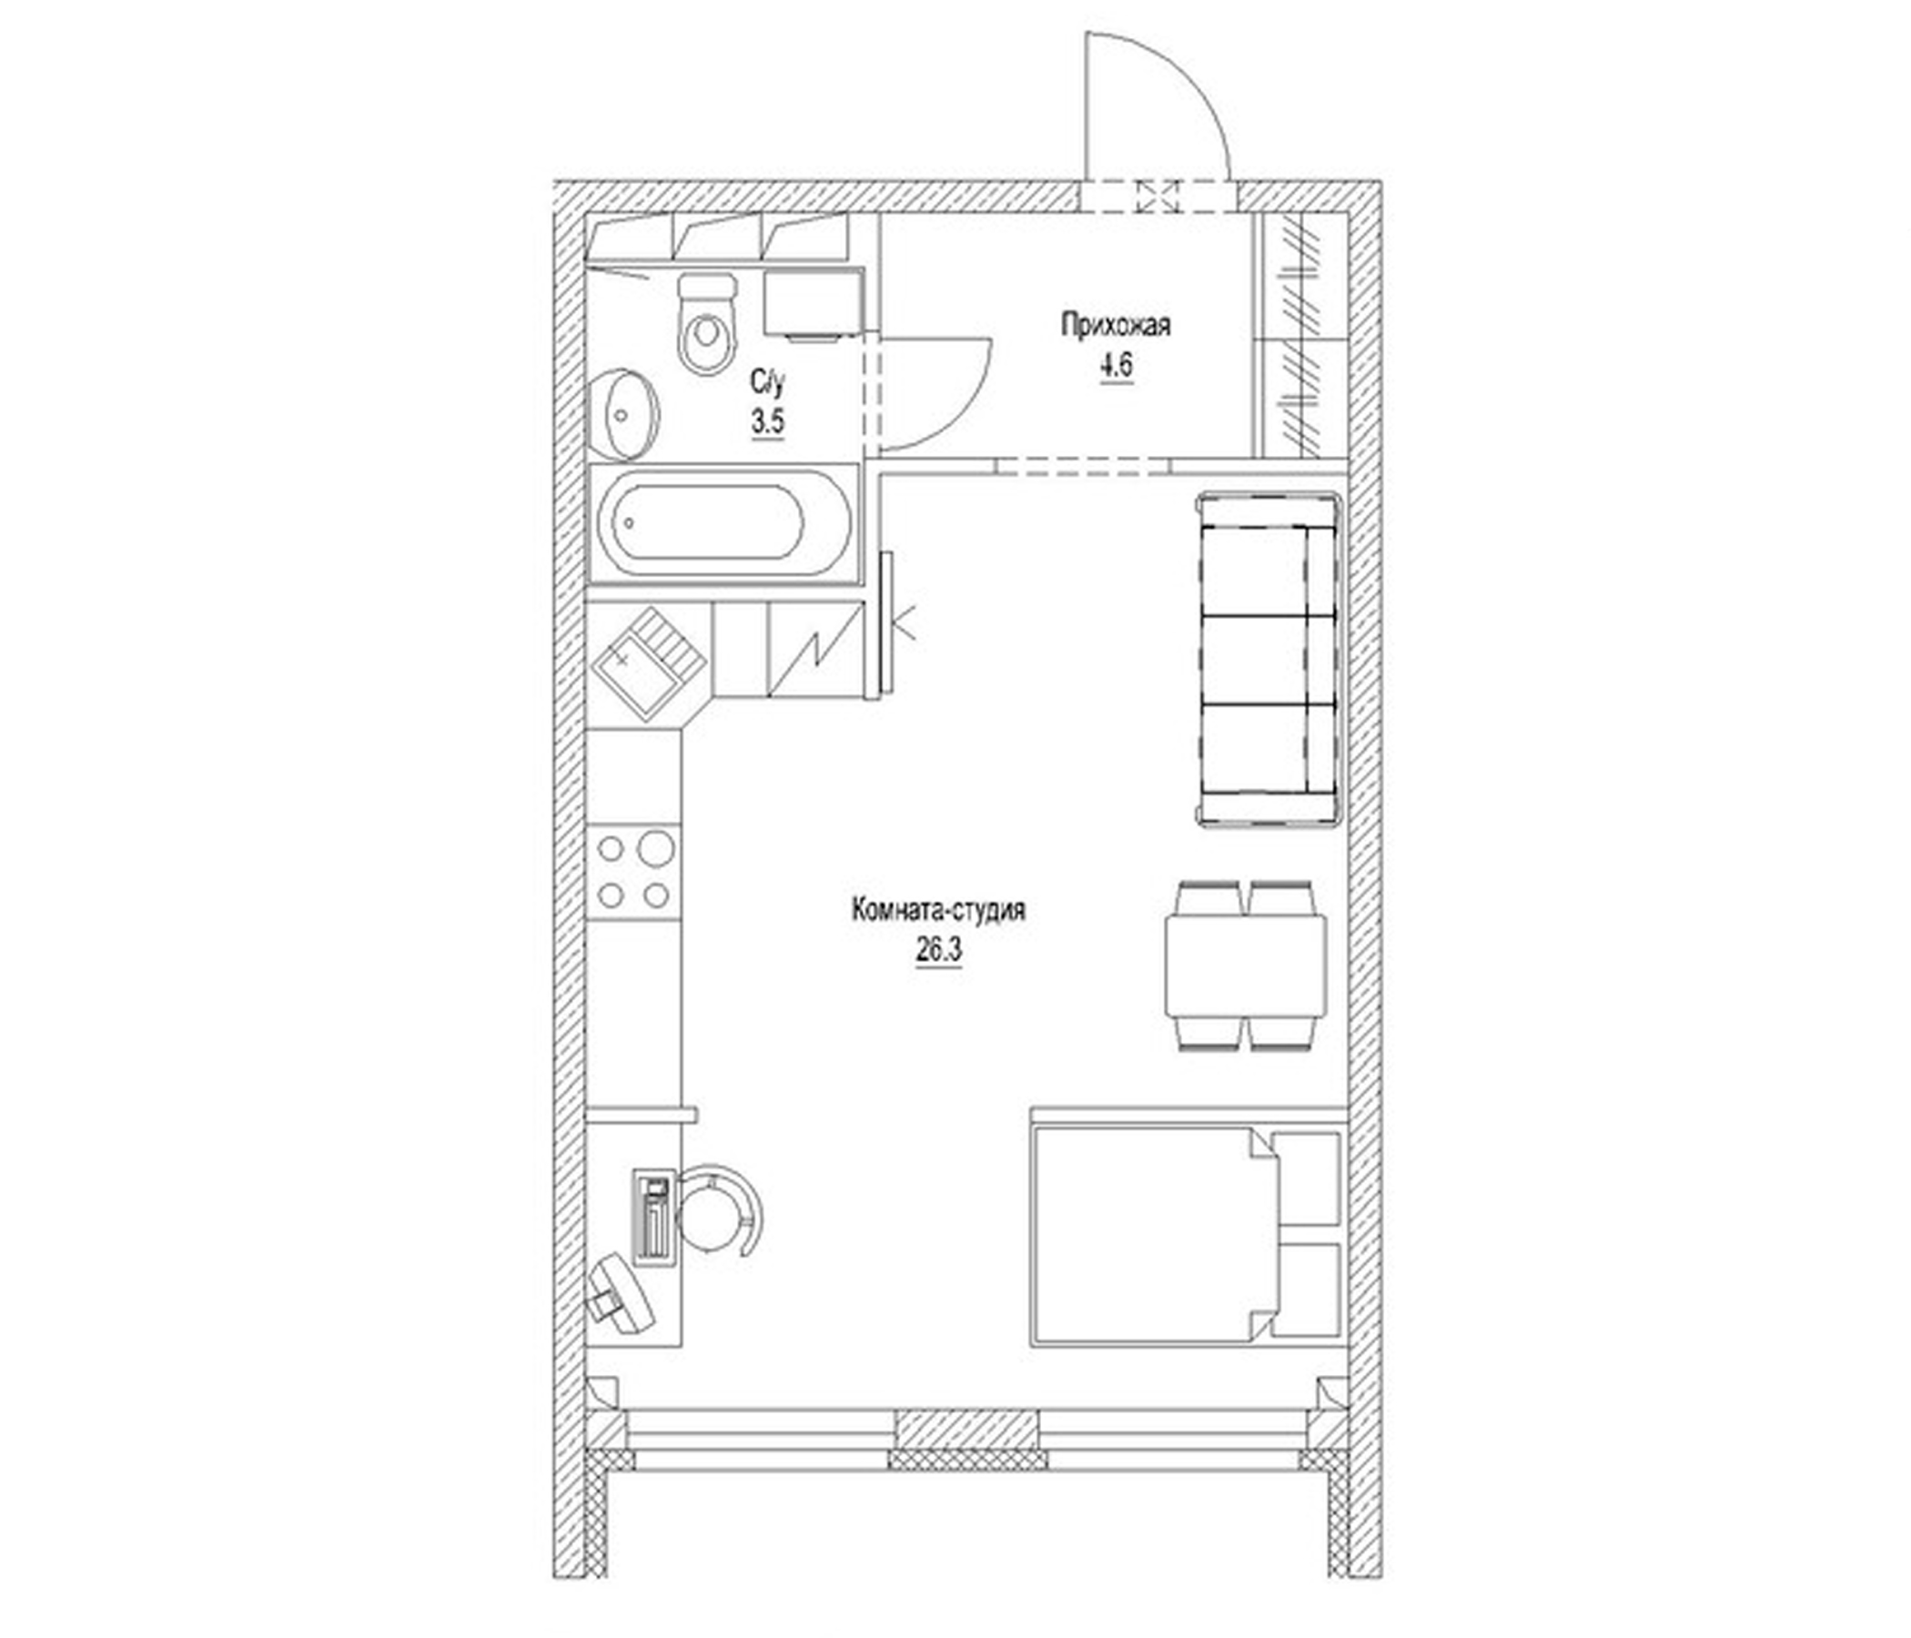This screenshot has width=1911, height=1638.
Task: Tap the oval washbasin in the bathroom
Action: (x=623, y=414)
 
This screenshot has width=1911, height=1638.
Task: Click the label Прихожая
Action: (x=1115, y=326)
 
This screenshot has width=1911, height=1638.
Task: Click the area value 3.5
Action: (x=767, y=422)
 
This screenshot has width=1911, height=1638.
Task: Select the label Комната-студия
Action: (x=938, y=911)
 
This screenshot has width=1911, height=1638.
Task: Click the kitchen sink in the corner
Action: (x=645, y=660)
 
